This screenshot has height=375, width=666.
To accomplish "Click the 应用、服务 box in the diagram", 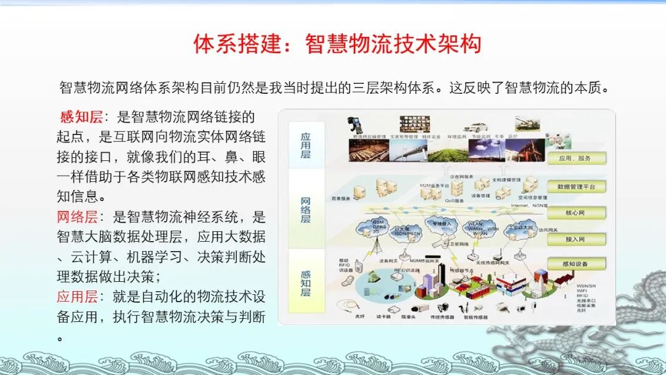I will tap(576, 159).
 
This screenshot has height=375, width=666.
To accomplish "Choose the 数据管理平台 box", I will tap(576, 186).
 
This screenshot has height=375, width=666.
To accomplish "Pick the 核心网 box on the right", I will tap(576, 213).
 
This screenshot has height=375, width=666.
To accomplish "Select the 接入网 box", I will tap(576, 239).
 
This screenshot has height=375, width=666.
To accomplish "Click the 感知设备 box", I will tap(576, 264).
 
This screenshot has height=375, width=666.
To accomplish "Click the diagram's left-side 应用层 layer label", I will tap(305, 146).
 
